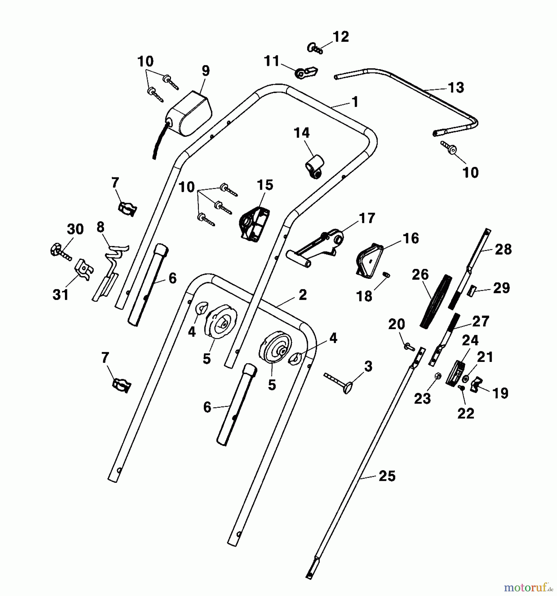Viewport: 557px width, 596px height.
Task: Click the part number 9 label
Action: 205,71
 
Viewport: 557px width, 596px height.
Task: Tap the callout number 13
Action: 456,88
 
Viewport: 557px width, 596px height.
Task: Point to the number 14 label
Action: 302,133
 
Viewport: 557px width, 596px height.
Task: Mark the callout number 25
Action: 387,476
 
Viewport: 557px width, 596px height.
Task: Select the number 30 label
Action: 75,229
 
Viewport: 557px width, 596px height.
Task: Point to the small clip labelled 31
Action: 84,270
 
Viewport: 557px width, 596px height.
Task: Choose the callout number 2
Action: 303,294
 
